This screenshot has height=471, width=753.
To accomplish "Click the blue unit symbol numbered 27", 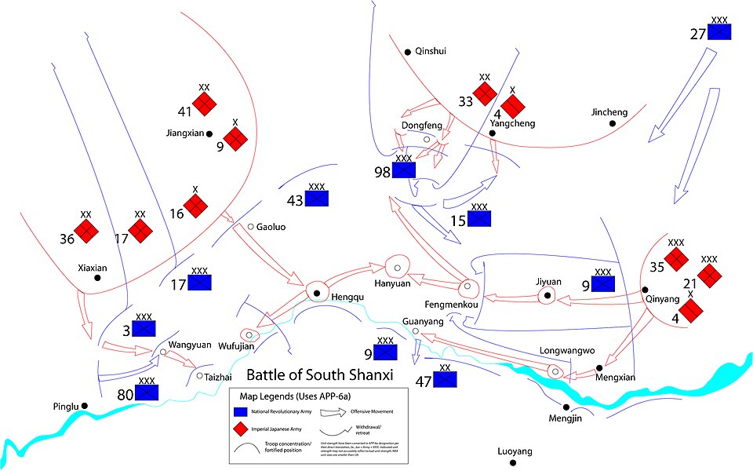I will click(719, 31).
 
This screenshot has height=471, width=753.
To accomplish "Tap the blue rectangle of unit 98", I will click(404, 170).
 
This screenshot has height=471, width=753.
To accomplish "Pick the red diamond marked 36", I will click(87, 232).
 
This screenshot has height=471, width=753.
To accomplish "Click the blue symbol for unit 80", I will click(147, 391).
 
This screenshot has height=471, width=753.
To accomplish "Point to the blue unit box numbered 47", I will click(446, 378).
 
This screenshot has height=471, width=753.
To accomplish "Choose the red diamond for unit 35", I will click(676, 258).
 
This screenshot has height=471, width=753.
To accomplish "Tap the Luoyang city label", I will click(515, 452).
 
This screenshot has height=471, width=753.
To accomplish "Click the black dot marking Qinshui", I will click(408, 52).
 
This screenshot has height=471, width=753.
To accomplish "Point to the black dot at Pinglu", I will click(85, 406).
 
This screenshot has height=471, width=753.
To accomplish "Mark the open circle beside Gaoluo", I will click(250, 227).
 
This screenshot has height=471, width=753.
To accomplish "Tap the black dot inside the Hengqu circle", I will click(316, 293).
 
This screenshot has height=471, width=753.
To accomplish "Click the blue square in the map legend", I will click(241, 411).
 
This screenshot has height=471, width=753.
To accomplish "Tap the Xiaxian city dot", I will click(97, 278).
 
